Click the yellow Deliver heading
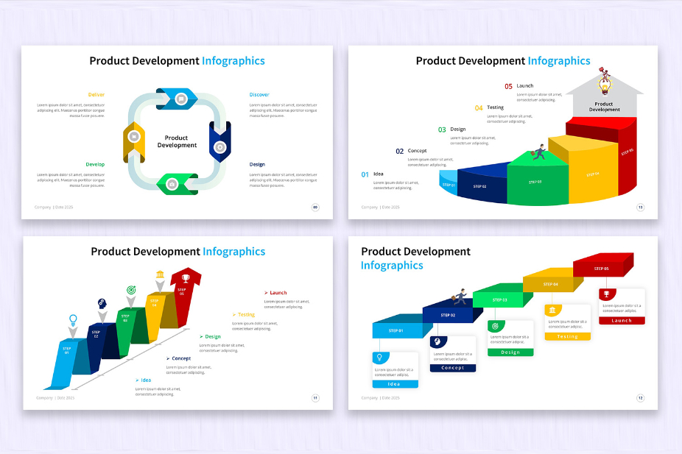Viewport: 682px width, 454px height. point(96,95)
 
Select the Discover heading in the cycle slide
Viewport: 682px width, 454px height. point(259,95)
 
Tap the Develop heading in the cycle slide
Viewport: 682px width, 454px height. point(95,164)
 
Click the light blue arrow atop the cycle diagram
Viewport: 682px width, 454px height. point(176,97)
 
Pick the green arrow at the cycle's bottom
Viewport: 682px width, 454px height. point(177,183)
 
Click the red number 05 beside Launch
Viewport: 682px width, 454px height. point(508,86)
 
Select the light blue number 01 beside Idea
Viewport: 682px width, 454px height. point(365,174)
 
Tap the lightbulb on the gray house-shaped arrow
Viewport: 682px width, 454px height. point(604,86)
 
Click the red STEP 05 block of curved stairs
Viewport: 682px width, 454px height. point(626,155)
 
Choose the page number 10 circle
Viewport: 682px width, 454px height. point(640,207)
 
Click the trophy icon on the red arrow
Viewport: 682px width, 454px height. point(186,278)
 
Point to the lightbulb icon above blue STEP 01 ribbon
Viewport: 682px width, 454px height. point(73,320)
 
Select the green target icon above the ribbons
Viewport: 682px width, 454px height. point(131,291)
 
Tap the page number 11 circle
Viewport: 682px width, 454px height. point(315,398)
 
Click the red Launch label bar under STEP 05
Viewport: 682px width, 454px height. point(622,321)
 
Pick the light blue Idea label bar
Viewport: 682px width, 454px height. point(395,384)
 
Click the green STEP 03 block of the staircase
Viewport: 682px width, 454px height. point(501,299)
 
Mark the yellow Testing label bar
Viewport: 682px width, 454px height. point(567,336)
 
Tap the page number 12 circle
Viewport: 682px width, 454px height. point(640,398)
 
